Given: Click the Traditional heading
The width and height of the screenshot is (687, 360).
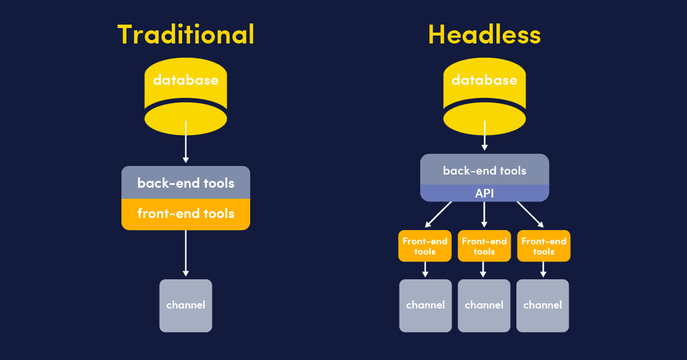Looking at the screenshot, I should click(x=185, y=34).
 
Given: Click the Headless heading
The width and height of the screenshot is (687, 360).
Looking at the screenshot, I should click(x=484, y=34).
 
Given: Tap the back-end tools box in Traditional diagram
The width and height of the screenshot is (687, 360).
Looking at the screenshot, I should click(x=185, y=183).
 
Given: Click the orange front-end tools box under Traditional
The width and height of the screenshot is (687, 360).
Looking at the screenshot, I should click(x=185, y=214).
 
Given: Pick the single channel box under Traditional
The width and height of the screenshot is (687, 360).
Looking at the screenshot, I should click(x=185, y=305).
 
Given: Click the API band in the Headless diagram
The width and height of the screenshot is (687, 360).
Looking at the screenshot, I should click(x=484, y=193).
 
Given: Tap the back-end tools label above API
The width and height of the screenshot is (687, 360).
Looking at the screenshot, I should click(x=484, y=171).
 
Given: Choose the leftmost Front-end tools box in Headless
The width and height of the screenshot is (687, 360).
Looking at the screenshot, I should click(x=425, y=246).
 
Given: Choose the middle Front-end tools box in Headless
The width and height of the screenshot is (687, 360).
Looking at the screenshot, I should click(x=484, y=246).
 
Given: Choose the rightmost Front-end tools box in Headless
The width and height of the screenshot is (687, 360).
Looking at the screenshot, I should click(x=544, y=246).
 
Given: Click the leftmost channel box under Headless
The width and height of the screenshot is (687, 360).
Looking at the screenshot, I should click(x=425, y=305).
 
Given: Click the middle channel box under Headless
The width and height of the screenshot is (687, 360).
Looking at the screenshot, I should click(x=484, y=305).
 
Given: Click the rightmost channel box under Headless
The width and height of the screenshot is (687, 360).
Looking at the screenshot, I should click(x=543, y=305).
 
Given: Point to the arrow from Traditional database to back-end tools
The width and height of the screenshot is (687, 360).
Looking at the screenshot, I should click(x=185, y=146).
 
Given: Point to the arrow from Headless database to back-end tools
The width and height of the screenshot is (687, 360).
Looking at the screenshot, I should click(x=484, y=136).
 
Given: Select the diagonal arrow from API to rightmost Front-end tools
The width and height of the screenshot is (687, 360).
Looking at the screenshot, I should click(x=530, y=214).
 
